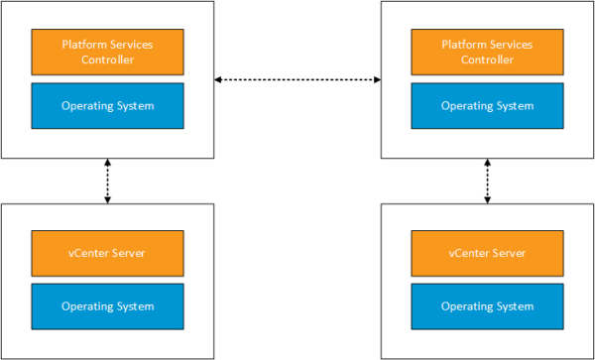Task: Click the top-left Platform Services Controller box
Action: pyautogui.click(x=108, y=52)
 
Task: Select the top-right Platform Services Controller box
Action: pyautogui.click(x=487, y=52)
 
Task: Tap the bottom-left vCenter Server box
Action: pyautogui.click(x=108, y=253)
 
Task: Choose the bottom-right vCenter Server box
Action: pyautogui.click(x=487, y=253)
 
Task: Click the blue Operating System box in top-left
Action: pyautogui.click(x=108, y=105)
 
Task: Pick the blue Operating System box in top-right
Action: pyautogui.click(x=487, y=105)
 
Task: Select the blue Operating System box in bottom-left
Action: pyautogui.click(x=108, y=306)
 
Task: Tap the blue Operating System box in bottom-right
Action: pyautogui.click(x=487, y=306)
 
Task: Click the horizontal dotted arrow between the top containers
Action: pyautogui.click(x=297, y=78)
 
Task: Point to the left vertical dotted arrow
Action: pyautogui.click(x=108, y=180)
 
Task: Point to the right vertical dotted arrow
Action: pyautogui.click(x=487, y=180)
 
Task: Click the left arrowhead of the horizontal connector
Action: pyautogui.click(x=219, y=78)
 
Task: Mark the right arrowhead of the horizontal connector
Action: pyautogui.click(x=377, y=78)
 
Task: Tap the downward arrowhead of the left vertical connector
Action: pyautogui.click(x=108, y=199)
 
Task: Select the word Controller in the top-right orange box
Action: pyautogui.click(x=487, y=60)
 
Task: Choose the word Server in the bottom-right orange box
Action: pyautogui.click(x=508, y=253)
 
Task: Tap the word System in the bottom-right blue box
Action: pyautogui.click(x=515, y=306)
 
